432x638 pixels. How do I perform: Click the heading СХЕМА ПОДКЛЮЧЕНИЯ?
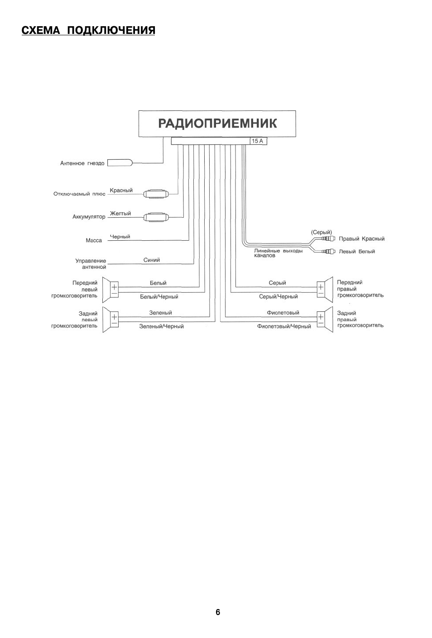(88, 30)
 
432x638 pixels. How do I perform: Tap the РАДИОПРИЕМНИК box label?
(217, 124)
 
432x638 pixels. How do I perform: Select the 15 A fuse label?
(258, 141)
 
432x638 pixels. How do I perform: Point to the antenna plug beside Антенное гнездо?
(120, 163)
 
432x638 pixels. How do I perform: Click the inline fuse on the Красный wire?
(155, 194)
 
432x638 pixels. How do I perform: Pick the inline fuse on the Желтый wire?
(155, 217)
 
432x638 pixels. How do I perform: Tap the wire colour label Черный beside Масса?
(120, 237)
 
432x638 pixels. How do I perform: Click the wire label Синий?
(152, 260)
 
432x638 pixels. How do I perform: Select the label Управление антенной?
(91, 264)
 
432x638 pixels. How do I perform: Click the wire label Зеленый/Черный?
(161, 326)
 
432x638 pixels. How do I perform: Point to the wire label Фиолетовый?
(283, 313)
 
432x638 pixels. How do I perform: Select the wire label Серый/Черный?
(278, 297)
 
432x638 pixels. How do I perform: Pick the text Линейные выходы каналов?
(278, 253)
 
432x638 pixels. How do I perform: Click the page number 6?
(218, 612)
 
